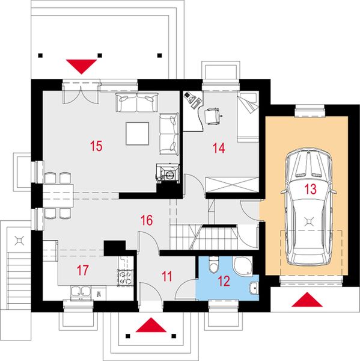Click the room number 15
click(96, 146)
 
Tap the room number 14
click(219, 148)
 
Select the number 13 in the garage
click(310, 189)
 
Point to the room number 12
click(224, 281)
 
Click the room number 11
click(166, 277)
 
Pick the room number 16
click(147, 220)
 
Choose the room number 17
click(82, 270)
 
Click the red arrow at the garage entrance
click(307, 300)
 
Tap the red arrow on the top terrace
click(81, 67)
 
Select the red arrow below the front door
click(151, 325)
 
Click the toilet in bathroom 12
click(214, 265)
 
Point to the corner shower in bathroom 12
click(243, 265)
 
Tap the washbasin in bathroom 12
click(254, 288)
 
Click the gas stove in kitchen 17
click(126, 278)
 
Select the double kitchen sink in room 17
click(81, 292)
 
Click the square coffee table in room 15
click(138, 134)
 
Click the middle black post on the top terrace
click(100, 55)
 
